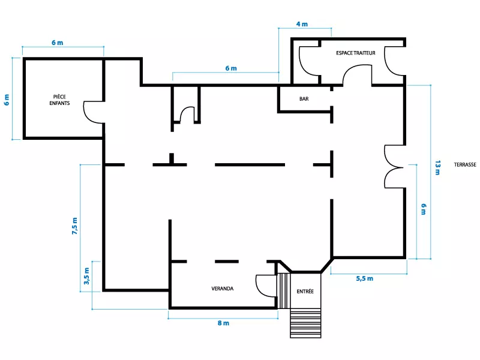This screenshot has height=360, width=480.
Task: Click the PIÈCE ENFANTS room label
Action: (59, 100)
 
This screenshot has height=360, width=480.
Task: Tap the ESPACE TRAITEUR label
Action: (355, 53)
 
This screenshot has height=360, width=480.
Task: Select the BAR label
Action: (304, 99)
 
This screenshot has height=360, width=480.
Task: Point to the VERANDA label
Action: (222, 289)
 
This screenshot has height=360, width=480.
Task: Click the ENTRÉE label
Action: (305, 292)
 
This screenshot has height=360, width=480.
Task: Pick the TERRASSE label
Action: (465, 164)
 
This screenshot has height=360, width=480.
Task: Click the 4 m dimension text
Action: (302, 24)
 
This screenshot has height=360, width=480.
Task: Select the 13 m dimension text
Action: (437, 168)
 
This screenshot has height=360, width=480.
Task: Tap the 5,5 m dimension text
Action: (364, 278)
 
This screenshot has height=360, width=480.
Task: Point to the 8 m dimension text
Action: (223, 323)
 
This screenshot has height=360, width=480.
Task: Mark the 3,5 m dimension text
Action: (87, 277)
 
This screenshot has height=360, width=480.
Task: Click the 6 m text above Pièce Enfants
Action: (57, 43)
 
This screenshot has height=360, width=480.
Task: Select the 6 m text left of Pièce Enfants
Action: (7, 100)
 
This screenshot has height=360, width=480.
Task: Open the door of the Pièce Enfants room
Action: (94, 111)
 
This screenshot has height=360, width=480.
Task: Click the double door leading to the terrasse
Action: (395, 166)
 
